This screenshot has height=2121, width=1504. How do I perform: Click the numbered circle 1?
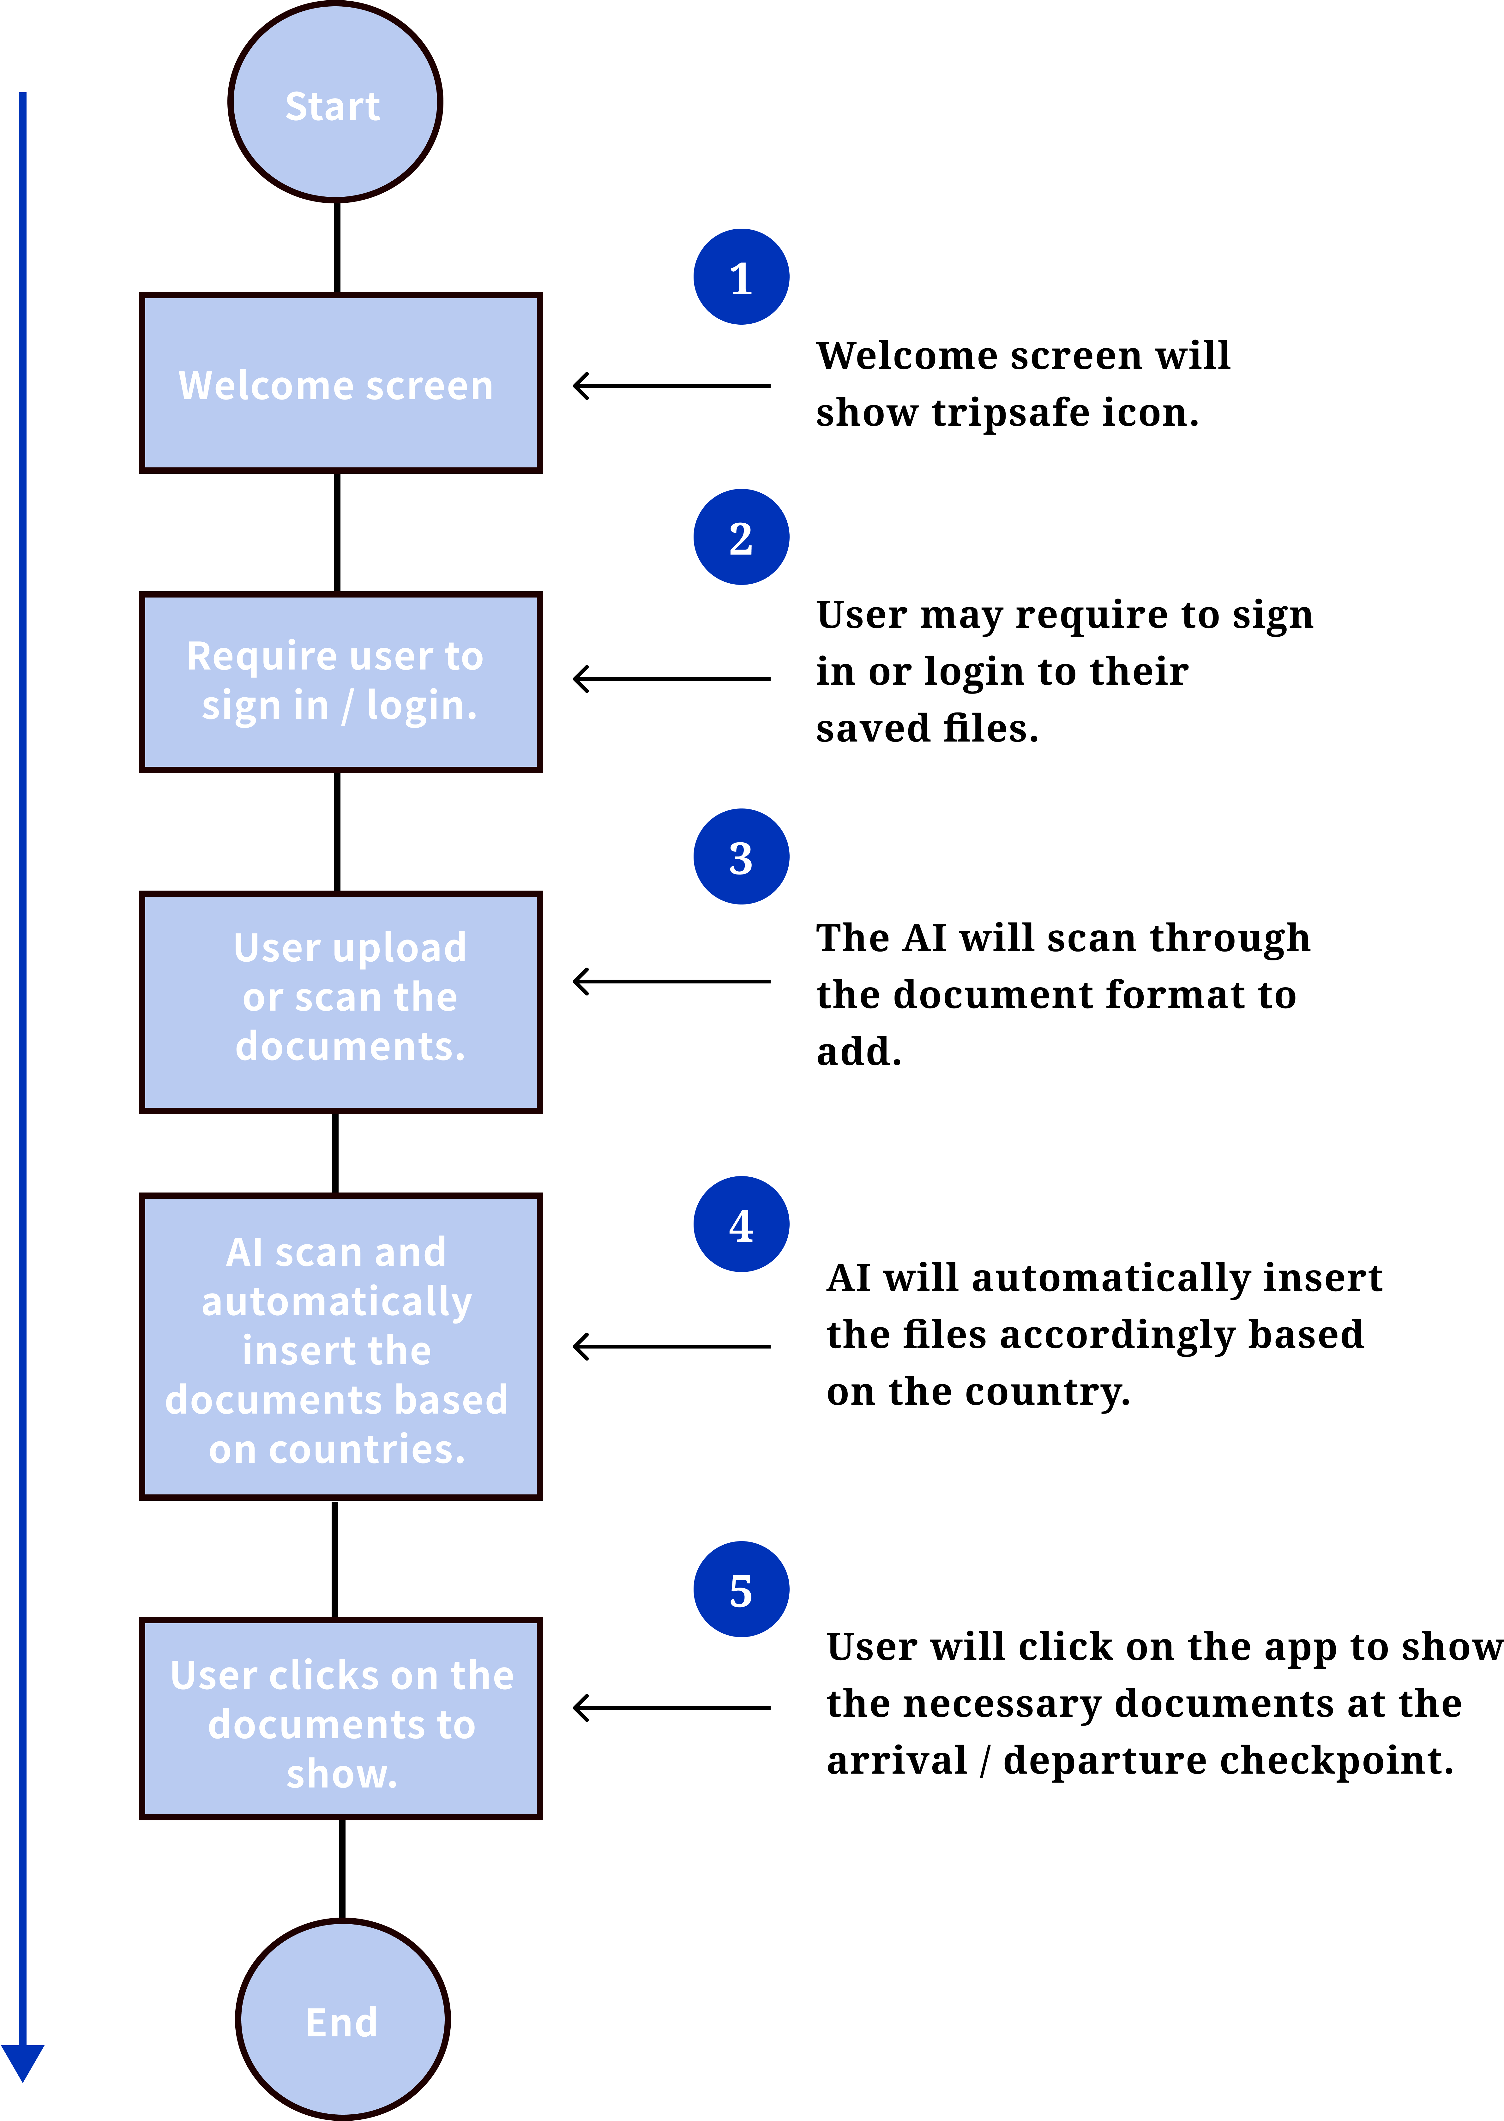741,277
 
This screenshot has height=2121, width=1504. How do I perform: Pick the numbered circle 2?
741,537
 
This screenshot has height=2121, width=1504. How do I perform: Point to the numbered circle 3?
741,856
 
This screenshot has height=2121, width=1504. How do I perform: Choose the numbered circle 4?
741,1224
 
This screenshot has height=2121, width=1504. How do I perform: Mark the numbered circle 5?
741,1589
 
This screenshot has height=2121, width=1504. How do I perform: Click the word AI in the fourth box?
244,1253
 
